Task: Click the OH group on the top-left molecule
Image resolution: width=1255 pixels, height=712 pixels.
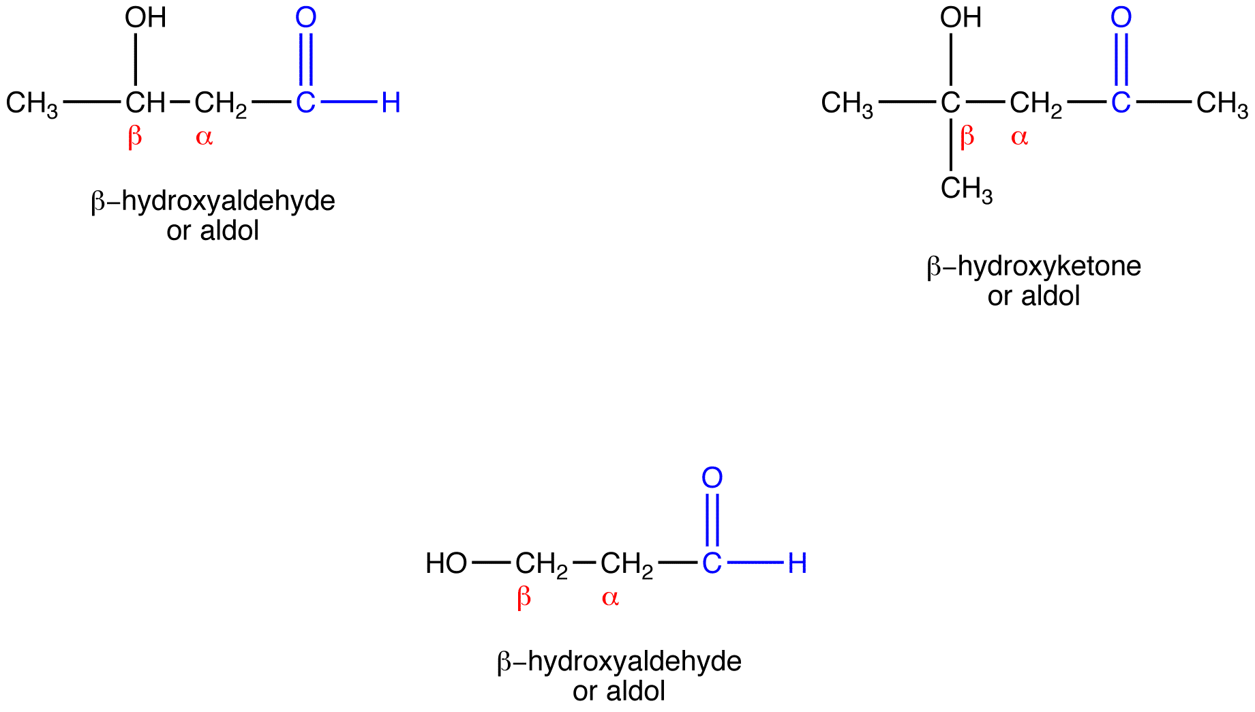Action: click(145, 18)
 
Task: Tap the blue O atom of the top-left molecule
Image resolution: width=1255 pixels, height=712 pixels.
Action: click(305, 18)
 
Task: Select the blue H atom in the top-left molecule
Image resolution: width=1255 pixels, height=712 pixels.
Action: click(391, 103)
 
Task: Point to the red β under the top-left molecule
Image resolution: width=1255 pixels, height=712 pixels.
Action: click(135, 137)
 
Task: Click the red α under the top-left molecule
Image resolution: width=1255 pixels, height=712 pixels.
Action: click(204, 138)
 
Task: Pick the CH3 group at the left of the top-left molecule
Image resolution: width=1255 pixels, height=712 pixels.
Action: click(31, 104)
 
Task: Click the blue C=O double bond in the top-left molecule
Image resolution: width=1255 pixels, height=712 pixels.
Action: click(305, 59)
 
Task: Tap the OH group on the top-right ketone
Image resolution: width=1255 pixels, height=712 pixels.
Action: click(961, 18)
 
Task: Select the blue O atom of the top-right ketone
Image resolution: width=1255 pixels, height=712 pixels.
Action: click(1121, 18)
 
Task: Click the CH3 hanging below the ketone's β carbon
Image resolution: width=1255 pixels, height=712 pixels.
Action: click(966, 189)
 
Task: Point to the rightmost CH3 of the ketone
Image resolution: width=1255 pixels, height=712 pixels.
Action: click(1222, 104)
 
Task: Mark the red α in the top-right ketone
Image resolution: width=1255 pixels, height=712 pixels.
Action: click(1019, 138)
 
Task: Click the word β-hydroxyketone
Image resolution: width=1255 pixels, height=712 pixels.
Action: click(1033, 267)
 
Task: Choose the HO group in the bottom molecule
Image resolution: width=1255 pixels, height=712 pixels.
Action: click(446, 564)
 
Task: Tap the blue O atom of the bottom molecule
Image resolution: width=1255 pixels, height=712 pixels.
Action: click(712, 479)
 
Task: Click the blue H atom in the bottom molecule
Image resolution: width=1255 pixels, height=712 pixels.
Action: click(797, 564)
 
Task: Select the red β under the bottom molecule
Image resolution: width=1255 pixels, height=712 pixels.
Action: click(524, 598)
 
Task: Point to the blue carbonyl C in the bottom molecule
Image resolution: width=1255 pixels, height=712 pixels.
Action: click(712, 564)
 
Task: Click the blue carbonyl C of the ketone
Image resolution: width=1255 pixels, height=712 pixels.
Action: click(1121, 103)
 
